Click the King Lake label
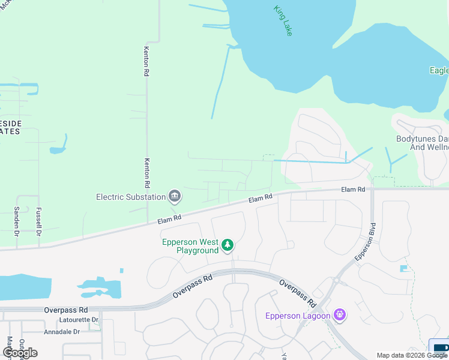(283, 20)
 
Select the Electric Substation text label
(131, 197)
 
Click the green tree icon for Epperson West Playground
(228, 244)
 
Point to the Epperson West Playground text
(190, 246)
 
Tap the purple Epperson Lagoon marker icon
(340, 314)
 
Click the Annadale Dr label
(62, 331)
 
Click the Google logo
(20, 352)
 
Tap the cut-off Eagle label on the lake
(439, 70)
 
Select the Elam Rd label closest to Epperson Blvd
(353, 190)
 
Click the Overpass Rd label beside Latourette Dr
(66, 310)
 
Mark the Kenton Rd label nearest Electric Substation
(146, 171)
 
